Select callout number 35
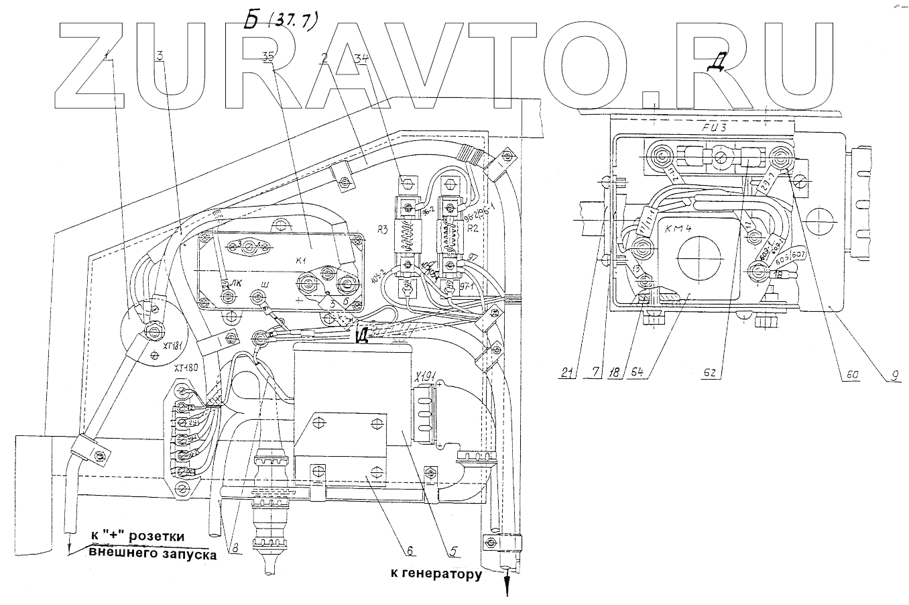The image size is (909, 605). coord(268,58)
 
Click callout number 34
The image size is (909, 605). coord(361,58)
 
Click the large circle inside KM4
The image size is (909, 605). coord(696,259)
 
